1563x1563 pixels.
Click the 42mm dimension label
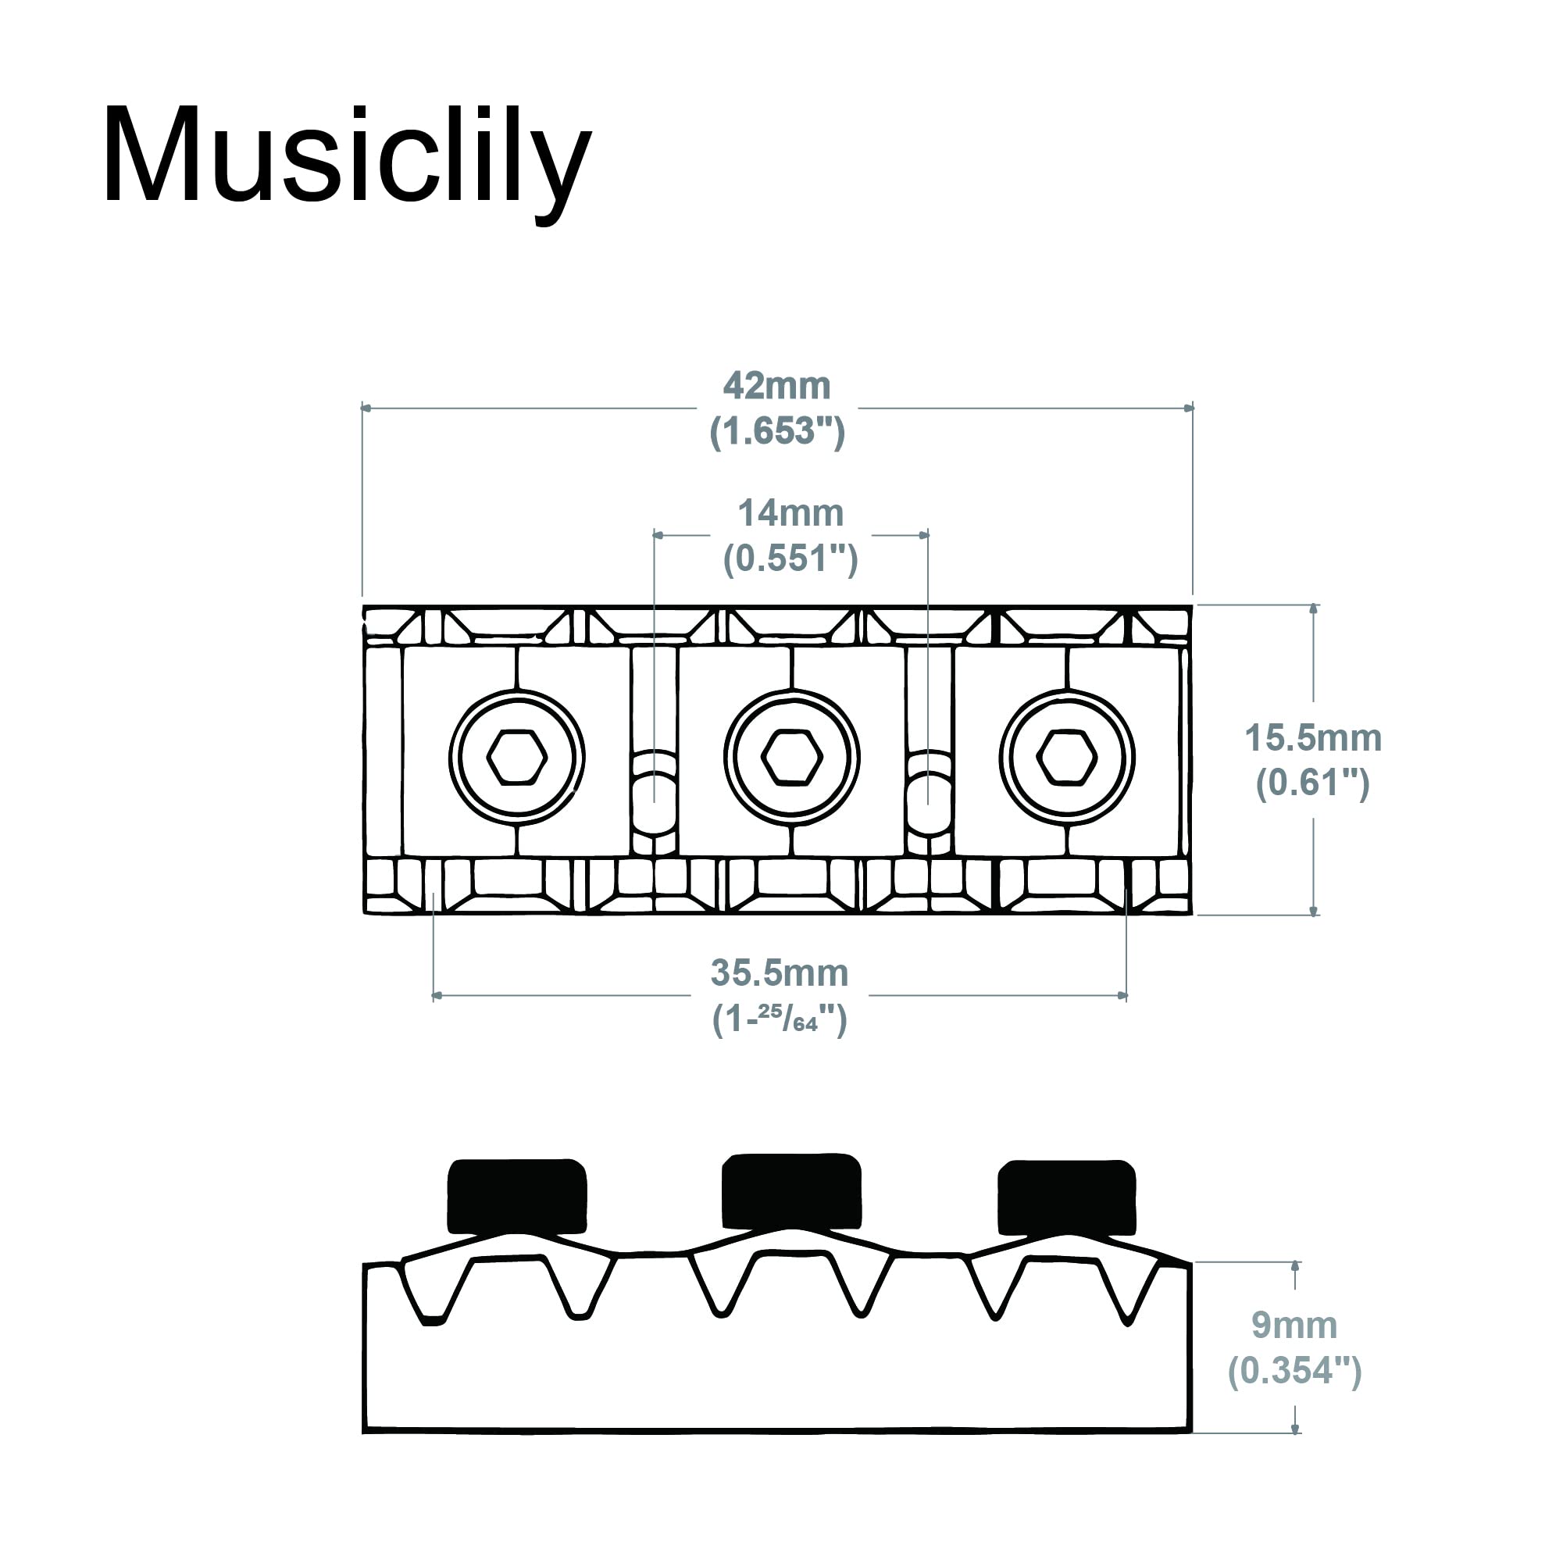776,386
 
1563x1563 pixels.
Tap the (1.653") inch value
777,431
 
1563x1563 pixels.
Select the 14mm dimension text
790,513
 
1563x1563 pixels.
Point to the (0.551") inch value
790,558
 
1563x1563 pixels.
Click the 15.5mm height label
1313,738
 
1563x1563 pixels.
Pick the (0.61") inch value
1313,783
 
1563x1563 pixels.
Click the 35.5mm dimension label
779,973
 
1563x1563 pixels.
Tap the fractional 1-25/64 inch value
779,1019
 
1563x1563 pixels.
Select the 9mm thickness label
1294,1325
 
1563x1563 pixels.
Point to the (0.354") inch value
1294,1370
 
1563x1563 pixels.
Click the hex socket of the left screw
517,757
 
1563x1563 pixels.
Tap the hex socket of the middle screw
792,757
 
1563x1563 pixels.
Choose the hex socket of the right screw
1067,757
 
